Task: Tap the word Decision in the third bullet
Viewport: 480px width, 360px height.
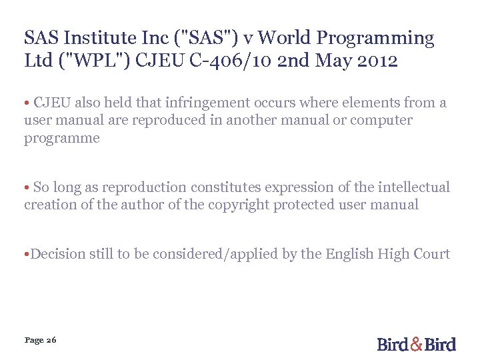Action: coord(56,254)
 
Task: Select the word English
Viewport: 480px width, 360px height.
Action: coord(349,254)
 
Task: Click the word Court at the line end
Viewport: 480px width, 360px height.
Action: coord(432,254)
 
